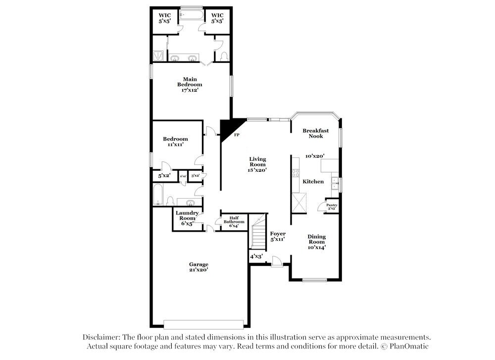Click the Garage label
(198, 267)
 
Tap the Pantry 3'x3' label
(332, 206)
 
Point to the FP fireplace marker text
(237, 135)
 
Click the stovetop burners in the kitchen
(296, 173)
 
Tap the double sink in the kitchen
(335, 183)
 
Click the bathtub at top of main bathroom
(192, 15)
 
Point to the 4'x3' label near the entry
(256, 257)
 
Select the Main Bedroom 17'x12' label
(190, 85)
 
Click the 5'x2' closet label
(164, 176)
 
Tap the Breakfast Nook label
(315, 133)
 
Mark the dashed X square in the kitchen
(299, 202)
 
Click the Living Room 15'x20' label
(257, 164)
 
